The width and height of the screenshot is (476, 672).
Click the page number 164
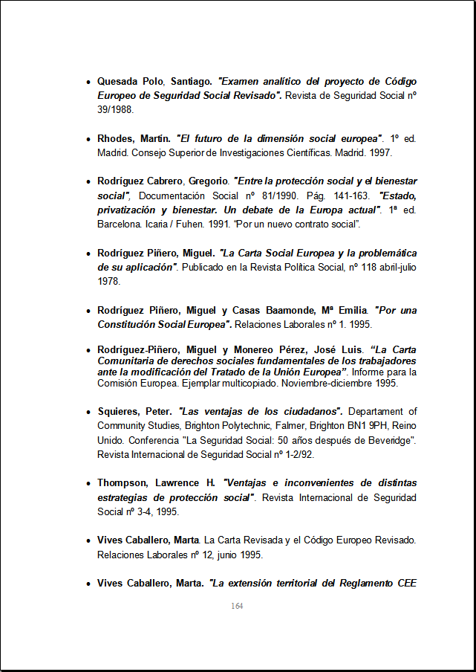click(x=237, y=607)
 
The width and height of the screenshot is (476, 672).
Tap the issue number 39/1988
click(x=115, y=109)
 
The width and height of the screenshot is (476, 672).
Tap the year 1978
click(x=108, y=281)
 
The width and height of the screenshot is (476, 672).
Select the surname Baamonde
click(x=264, y=310)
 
